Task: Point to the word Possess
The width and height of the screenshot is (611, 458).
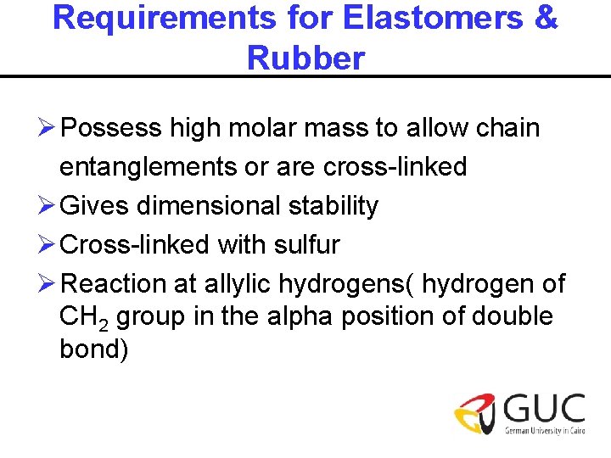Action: tap(112, 128)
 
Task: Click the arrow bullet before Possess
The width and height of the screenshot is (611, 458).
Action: tap(48, 128)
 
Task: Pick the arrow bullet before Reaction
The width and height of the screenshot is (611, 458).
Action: tap(48, 284)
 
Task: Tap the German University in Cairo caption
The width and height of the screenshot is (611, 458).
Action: tap(544, 432)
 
